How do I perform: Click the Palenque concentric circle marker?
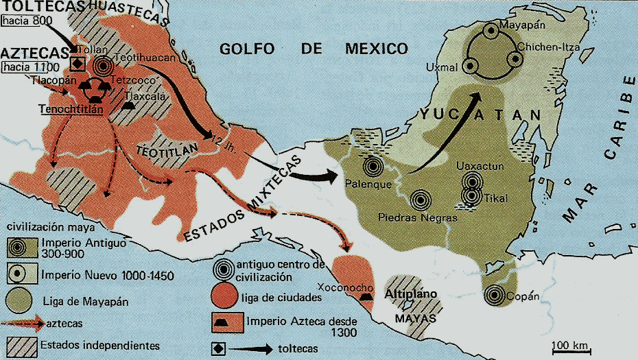373,166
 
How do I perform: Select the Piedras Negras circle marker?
420,200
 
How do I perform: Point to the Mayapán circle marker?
490,31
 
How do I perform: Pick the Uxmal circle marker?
470,67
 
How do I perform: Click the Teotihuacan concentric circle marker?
104,67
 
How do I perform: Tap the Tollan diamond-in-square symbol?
78,64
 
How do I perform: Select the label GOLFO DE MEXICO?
313,49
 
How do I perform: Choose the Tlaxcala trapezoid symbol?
131,106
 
